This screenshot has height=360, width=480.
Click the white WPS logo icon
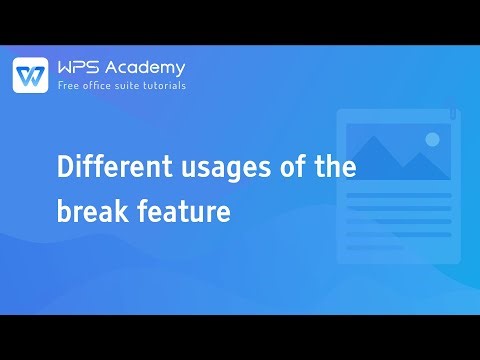point(31,75)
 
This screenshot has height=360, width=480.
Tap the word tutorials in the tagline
point(162,86)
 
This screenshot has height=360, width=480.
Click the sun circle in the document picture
point(432,139)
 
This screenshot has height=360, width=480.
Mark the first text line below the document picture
point(398,195)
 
